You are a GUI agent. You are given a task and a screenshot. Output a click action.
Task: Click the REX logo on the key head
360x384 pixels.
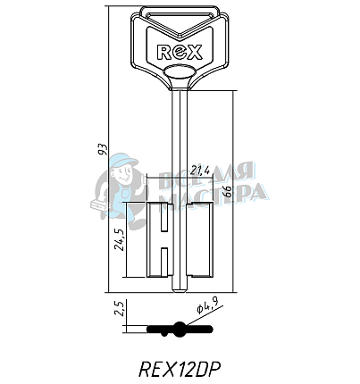coord(179,52)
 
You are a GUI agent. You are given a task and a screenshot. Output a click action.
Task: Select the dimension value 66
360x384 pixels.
coord(226,192)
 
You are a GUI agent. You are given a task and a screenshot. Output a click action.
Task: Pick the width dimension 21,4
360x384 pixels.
coord(175,171)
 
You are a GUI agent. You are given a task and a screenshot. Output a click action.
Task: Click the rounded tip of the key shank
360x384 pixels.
coord(180,288)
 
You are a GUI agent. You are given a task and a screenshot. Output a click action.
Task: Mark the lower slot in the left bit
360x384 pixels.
coord(163,261)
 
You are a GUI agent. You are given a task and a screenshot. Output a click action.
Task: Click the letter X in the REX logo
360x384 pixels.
coord(197,52)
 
